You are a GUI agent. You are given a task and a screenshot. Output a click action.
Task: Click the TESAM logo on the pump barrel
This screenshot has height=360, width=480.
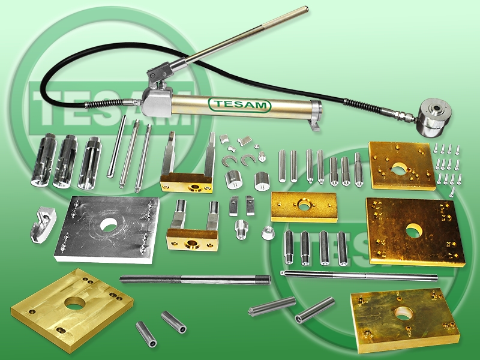coord(239,105)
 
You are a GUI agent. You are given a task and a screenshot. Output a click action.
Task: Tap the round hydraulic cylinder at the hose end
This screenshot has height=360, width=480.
coord(434,118)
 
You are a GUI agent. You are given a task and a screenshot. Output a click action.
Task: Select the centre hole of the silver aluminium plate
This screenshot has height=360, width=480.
coord(108,224)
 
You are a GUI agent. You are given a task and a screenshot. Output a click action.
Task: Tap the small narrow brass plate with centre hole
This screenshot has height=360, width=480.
coord(304,207)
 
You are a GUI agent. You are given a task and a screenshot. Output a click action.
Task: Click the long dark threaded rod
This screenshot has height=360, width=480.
coord(196,280)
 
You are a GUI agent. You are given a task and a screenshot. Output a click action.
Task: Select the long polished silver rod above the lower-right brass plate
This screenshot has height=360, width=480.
coord(359,275)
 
